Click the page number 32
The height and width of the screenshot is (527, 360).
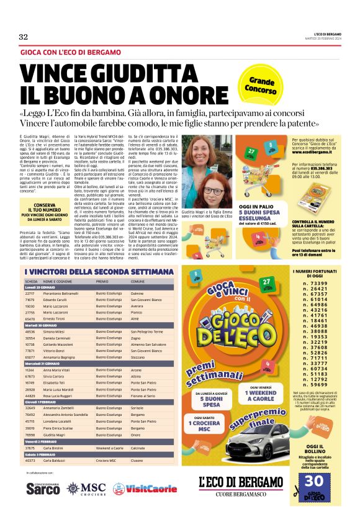point(24,37)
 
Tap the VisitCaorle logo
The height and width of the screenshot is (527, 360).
point(136,489)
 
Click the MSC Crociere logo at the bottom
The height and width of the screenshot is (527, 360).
point(86,489)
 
